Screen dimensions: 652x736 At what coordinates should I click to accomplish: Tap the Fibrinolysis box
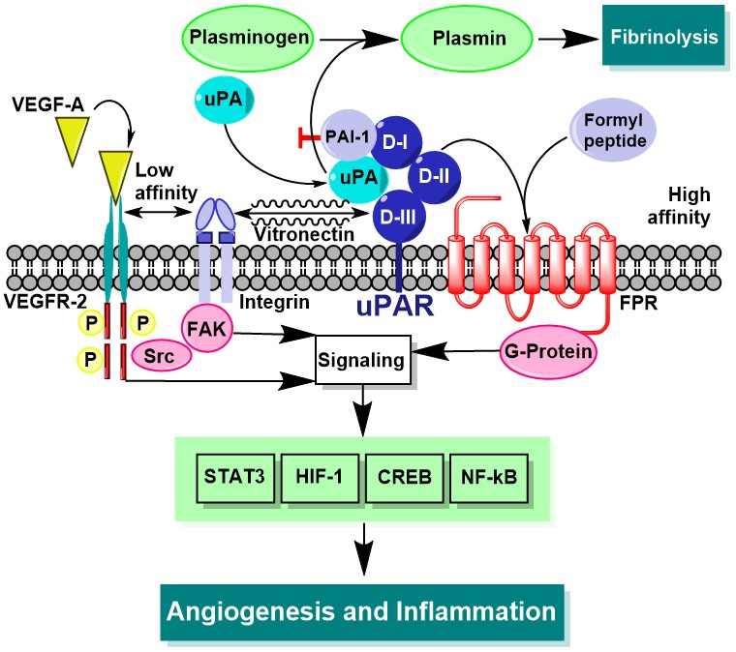663,38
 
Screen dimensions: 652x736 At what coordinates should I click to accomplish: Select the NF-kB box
488,476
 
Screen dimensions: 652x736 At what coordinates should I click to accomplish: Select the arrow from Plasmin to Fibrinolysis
566,40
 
